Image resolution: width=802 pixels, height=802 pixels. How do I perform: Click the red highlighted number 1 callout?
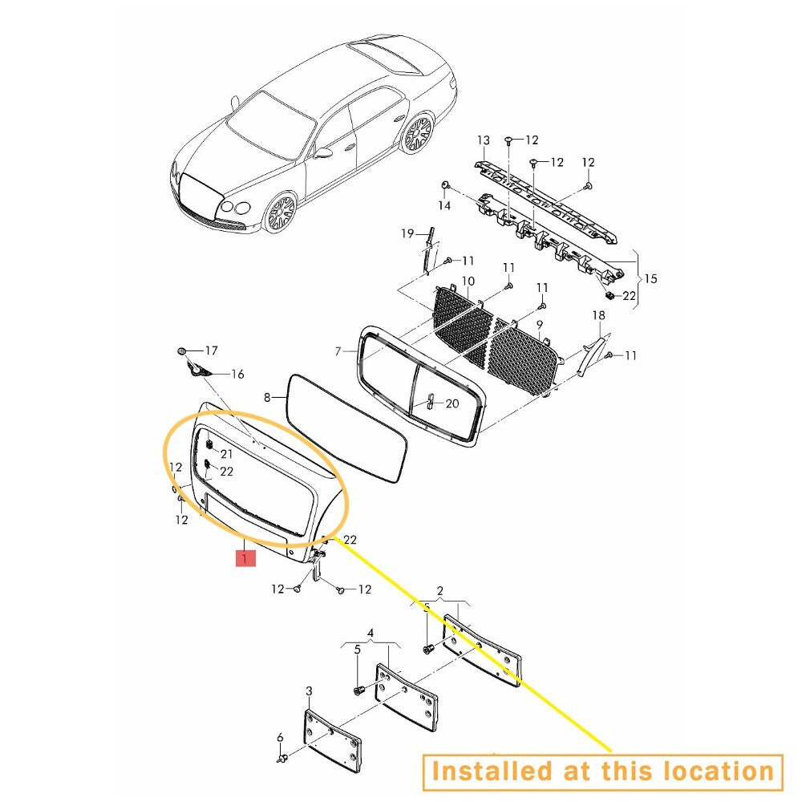point(245,558)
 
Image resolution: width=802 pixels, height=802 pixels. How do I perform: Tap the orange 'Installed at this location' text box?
point(603,772)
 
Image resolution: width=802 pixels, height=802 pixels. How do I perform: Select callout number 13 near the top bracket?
point(484,140)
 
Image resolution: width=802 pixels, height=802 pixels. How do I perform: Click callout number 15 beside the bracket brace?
point(650,279)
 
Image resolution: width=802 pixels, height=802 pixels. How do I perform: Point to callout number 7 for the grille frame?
point(338,351)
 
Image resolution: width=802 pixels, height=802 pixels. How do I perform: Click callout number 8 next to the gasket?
point(267,397)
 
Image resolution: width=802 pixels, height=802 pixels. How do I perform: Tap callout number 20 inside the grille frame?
point(452,403)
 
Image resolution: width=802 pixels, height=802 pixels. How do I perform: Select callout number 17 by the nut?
point(211,350)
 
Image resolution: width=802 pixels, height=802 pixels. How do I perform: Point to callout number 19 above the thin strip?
point(407,233)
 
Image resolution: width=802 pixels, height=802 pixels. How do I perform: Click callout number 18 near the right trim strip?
point(598,315)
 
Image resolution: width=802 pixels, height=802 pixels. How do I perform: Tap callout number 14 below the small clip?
point(444,205)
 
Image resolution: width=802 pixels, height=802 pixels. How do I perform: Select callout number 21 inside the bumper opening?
point(227,454)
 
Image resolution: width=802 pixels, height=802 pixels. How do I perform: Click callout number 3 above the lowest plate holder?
point(309,691)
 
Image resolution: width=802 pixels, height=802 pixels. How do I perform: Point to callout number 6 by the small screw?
point(280,738)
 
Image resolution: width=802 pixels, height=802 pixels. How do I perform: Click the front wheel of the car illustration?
point(281,213)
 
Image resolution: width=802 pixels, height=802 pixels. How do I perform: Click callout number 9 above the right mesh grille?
point(540,325)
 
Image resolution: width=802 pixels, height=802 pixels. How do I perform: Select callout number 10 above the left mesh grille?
point(468,282)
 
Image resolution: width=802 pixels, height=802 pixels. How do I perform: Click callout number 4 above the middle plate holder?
point(371,634)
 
